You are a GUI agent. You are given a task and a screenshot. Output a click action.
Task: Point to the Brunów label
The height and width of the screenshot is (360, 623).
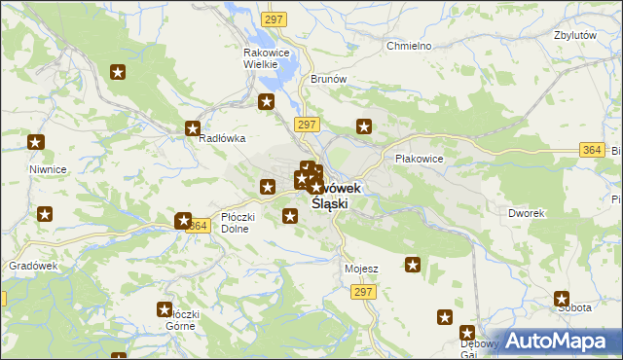point(327,80)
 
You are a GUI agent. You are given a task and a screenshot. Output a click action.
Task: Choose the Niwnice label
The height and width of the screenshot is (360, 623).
point(48,169)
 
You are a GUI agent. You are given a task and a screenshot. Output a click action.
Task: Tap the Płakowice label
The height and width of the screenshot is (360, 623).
point(419,159)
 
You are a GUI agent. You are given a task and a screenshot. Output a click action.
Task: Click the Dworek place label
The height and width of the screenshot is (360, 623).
point(526,212)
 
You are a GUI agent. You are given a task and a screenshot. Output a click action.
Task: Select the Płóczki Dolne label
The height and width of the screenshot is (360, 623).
point(238,223)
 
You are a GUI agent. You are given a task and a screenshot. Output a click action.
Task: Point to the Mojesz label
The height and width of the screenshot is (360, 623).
point(361,268)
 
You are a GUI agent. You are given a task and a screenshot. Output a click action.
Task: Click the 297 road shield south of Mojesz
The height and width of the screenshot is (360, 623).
point(364,292)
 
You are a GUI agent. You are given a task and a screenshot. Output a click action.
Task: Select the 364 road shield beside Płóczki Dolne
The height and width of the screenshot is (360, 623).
point(199,225)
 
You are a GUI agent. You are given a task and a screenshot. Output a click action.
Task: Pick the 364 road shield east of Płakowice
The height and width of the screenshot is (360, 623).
point(591,149)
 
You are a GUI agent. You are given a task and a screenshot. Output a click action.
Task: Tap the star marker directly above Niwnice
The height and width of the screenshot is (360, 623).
point(36,143)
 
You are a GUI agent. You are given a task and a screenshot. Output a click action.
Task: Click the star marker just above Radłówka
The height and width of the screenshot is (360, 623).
point(193,127)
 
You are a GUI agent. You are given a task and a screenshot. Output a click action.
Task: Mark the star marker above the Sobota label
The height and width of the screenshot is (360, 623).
point(562,299)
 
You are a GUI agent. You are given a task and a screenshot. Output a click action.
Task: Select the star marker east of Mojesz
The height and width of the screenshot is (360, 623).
point(413,264)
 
